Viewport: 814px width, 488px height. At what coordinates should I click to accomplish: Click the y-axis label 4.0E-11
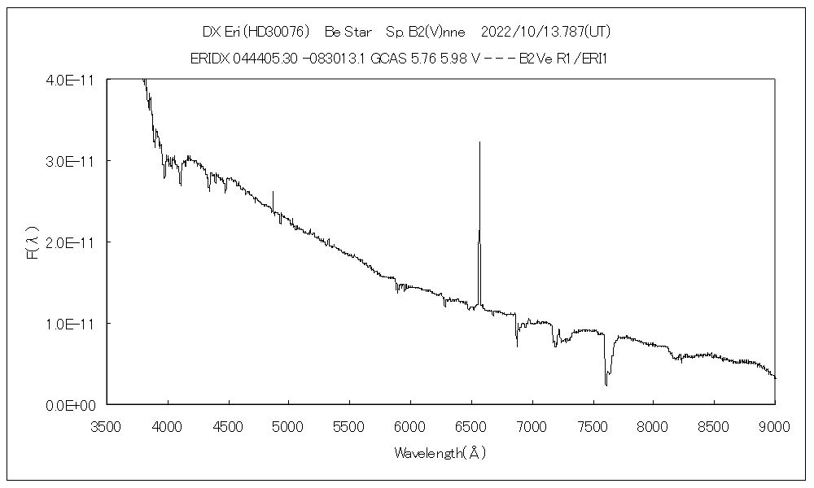pos(71,80)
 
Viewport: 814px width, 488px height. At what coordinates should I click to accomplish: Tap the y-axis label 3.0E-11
pos(71,161)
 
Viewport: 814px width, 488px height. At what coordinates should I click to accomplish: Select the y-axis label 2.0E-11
pos(71,242)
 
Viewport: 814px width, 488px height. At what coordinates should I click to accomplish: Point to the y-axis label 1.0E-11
pos(71,324)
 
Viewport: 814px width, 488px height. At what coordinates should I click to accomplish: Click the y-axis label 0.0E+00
pos(71,405)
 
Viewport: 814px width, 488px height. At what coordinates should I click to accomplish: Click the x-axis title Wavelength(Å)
pos(440,453)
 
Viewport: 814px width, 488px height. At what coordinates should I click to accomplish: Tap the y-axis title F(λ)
pos(33,242)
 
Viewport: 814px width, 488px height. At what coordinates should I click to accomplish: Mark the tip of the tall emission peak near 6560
pos(479,142)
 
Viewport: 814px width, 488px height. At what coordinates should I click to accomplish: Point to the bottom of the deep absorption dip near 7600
pos(606,385)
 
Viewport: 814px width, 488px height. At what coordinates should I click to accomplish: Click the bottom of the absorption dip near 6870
pos(517,346)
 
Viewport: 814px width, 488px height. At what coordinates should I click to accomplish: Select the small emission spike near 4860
pos(273,192)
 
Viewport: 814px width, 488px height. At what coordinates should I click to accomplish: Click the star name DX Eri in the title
pos(218,32)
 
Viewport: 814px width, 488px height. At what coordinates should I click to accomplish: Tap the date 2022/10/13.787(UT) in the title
pos(546,32)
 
